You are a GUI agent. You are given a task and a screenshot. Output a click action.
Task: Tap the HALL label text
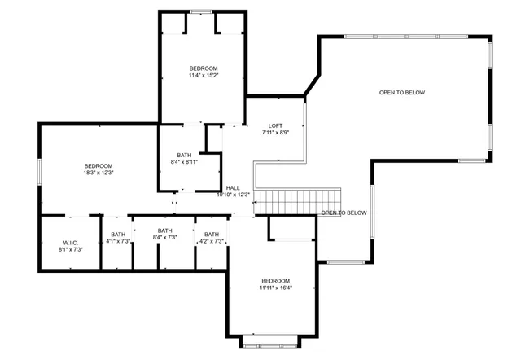pos(233,187)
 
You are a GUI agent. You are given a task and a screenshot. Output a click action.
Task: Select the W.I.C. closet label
pos(71,242)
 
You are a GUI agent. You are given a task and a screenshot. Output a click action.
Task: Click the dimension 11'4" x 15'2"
pos(203,76)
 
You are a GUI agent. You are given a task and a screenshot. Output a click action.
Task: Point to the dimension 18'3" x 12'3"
pos(98,173)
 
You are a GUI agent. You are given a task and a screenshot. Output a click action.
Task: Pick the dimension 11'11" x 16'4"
pos(276,288)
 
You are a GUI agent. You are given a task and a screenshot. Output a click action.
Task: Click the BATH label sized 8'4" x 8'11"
pos(185,155)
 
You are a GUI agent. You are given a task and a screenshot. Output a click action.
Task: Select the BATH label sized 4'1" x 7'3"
pos(118,235)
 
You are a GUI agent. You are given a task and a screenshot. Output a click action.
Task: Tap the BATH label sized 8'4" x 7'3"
pos(165,230)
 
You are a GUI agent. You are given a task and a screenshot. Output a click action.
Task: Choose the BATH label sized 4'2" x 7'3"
pos(212,235)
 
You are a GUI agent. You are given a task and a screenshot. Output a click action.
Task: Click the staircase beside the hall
pos(298,200)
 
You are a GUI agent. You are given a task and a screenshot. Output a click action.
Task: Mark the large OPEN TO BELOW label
pos(401,92)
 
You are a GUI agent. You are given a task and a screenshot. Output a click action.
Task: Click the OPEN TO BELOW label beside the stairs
pos(344,213)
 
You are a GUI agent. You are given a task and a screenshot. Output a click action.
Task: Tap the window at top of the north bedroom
pos(201,11)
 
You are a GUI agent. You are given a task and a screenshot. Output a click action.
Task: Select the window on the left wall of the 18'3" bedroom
pos(38,176)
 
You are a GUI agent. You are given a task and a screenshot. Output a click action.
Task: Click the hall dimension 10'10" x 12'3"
pos(233,195)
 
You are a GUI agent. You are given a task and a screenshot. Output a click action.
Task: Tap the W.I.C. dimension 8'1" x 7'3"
pos(71,249)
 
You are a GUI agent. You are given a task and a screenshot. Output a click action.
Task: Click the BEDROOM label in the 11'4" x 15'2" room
pos(203,68)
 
